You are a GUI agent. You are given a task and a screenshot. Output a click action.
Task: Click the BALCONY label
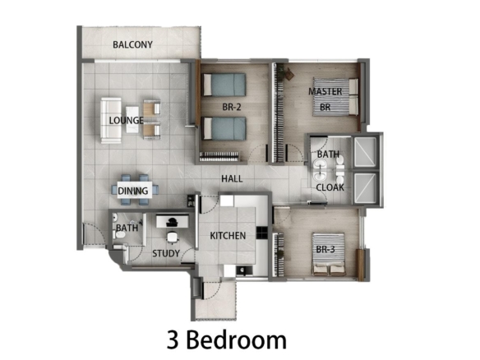point(132,44)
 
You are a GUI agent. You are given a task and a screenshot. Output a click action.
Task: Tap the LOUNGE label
point(126,120)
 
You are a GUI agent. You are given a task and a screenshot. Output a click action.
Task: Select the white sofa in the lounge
point(110,120)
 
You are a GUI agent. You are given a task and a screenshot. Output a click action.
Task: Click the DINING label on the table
point(133,191)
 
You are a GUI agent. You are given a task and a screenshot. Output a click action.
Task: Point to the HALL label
point(232,179)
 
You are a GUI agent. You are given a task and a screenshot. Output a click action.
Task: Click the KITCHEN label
point(228,235)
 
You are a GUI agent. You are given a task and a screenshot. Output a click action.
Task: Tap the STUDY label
point(166,253)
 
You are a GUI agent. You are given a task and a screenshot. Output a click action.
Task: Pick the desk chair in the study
point(173,237)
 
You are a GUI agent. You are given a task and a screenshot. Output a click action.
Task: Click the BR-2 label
point(232,107)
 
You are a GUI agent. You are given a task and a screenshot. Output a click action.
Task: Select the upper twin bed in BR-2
point(224,85)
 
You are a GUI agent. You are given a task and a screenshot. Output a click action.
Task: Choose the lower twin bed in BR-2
point(224,128)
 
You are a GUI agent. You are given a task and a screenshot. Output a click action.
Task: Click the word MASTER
point(325,91)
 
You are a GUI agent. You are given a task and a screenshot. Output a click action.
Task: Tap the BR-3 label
point(325,250)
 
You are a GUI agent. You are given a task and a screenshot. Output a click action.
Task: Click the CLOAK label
point(330,187)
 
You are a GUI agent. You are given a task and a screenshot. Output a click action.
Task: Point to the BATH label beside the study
point(127,228)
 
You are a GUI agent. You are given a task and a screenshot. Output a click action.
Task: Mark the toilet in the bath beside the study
point(119,235)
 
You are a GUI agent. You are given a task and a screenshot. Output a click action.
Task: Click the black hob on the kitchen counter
point(262,233)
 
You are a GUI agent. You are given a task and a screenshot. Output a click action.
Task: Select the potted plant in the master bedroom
point(288,74)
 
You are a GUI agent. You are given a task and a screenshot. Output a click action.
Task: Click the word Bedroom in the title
point(237,340)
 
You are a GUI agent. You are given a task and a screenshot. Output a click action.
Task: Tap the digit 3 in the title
point(173,340)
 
